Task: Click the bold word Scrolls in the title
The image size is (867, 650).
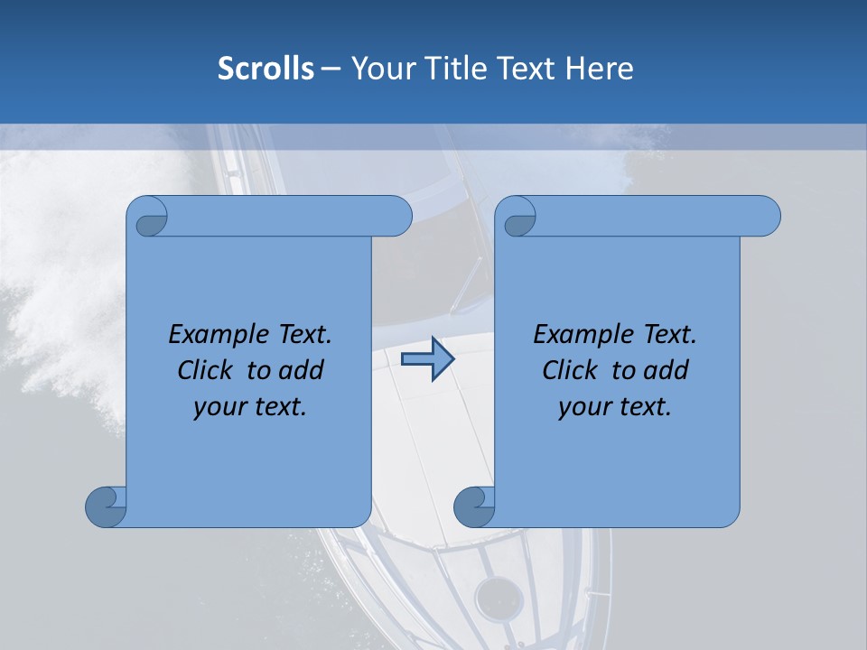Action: point(266,69)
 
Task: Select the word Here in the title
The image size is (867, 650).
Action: point(600,69)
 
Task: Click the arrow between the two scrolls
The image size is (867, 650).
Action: point(427,359)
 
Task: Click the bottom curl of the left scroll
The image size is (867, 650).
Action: point(106,506)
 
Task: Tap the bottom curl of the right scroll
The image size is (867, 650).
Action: point(474,506)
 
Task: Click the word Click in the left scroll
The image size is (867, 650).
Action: point(204,370)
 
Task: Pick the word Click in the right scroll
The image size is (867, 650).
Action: point(569,370)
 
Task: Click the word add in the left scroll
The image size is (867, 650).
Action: point(303,370)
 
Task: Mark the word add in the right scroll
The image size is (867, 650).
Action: point(668,370)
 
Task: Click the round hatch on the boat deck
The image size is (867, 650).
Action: point(499,599)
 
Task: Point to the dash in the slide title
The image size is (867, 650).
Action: point(331,69)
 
